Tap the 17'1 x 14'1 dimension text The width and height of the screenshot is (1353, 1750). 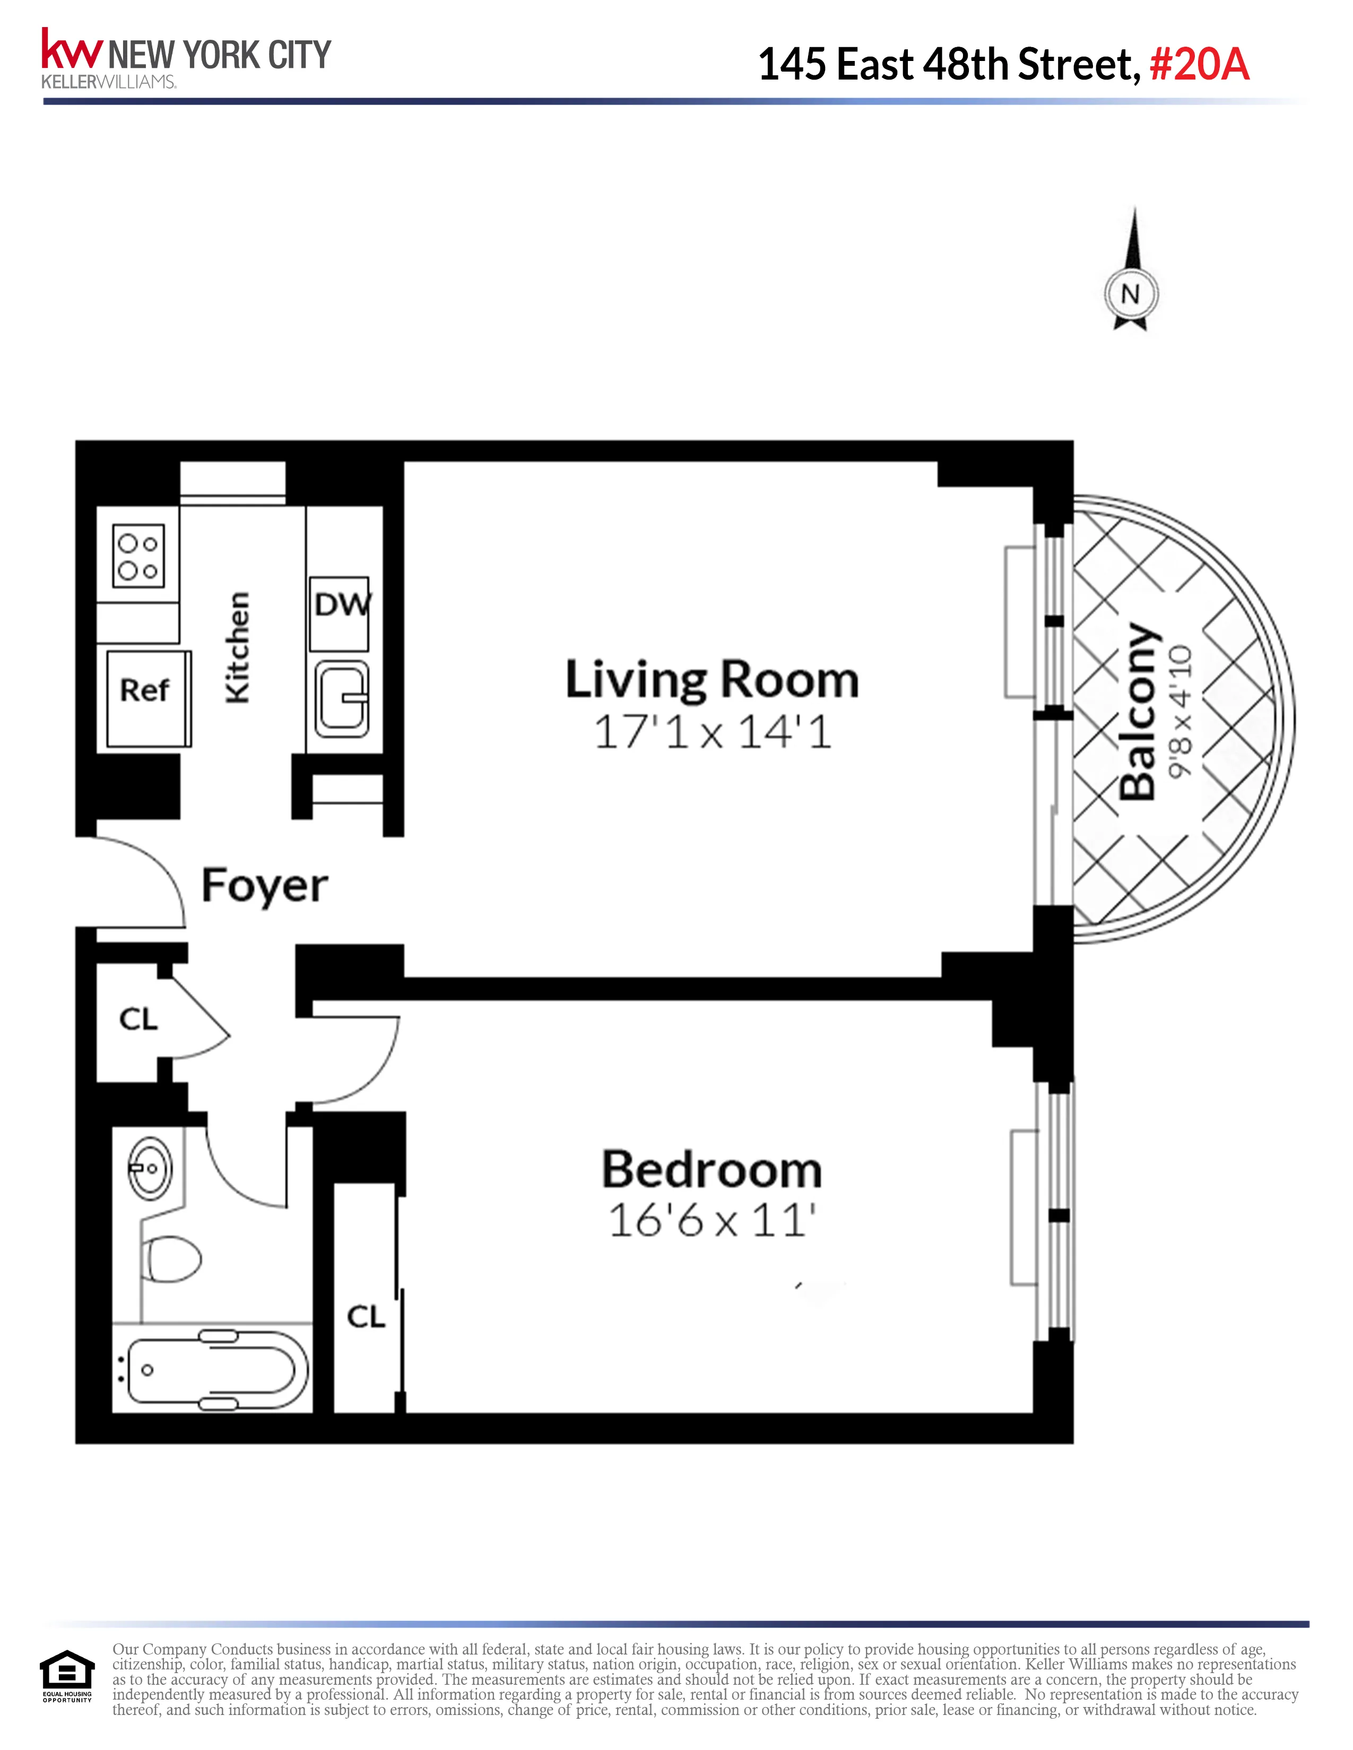tap(712, 732)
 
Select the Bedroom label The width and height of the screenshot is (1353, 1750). tap(712, 1171)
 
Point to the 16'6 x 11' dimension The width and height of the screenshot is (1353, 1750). tap(712, 1221)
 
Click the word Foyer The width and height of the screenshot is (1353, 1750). tap(265, 886)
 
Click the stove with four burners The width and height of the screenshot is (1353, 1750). tap(138, 556)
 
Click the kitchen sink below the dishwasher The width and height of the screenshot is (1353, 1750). tap(342, 699)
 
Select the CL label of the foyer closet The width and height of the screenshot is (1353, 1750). tap(138, 1019)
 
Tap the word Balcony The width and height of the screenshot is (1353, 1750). tap(1138, 712)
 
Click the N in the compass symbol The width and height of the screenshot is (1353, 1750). tap(1130, 294)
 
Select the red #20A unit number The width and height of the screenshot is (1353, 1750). tap(1199, 64)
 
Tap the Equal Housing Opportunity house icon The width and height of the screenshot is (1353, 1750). tap(66, 1672)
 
